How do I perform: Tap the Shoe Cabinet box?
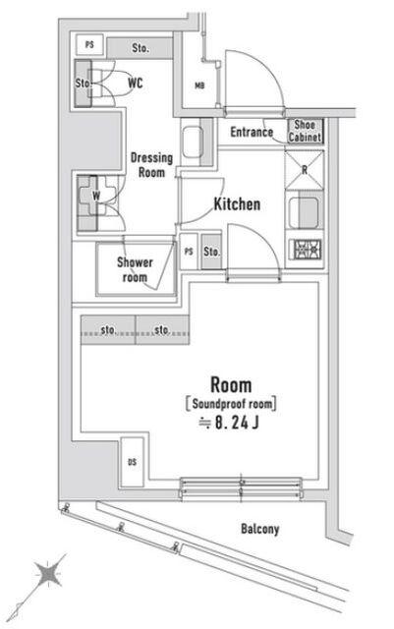tap(303, 132)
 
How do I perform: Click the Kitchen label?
tap(237, 204)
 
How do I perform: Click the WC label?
tap(135, 84)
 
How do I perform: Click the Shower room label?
tap(135, 269)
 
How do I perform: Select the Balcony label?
tap(260, 529)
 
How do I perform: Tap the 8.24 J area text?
tap(229, 425)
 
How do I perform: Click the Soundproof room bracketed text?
tap(229, 403)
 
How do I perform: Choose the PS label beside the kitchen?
tap(188, 252)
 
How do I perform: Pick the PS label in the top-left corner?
tap(90, 45)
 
